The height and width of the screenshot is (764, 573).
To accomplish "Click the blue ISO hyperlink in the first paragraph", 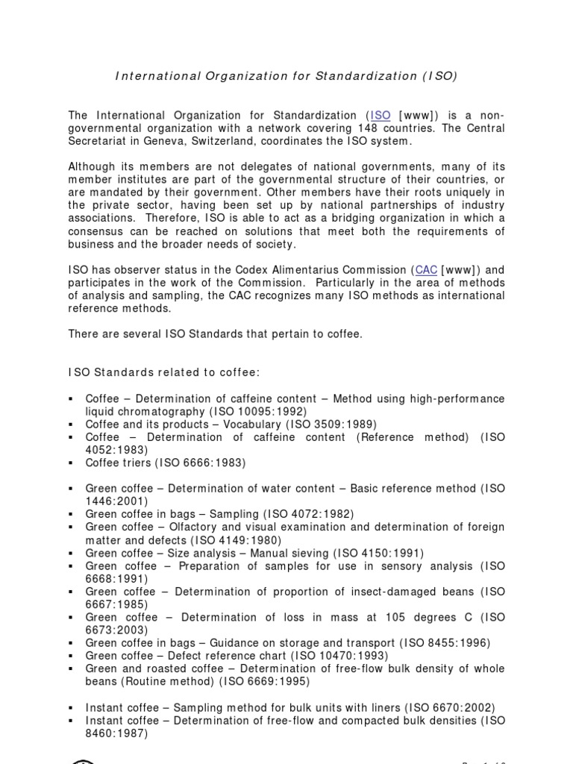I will [x=381, y=115].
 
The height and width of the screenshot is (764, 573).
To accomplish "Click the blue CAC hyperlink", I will [x=425, y=269].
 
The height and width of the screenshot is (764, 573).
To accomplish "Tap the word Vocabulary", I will [x=224, y=424].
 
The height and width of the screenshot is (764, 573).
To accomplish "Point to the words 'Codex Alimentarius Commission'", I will [x=326, y=269].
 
